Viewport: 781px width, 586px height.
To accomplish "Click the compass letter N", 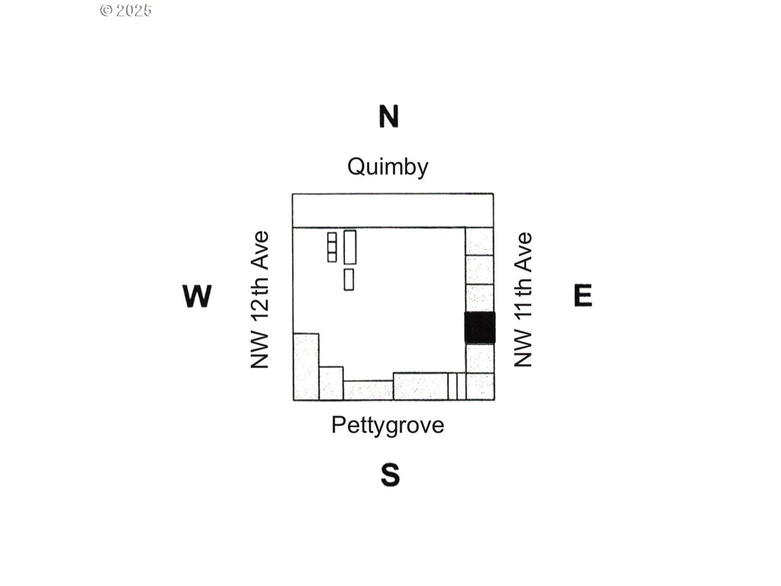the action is click(x=388, y=116).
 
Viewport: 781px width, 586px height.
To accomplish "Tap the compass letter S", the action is click(x=390, y=474).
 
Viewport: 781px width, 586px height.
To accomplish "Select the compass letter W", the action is click(x=197, y=296).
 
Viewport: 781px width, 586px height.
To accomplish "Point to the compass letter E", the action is click(x=583, y=295).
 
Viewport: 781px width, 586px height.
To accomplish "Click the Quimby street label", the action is click(x=388, y=167).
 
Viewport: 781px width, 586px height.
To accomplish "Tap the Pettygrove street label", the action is click(x=388, y=425).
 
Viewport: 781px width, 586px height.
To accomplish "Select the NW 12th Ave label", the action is click(x=259, y=300).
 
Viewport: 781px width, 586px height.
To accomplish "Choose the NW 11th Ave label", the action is click(x=523, y=300).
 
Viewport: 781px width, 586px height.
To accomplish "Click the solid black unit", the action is click(x=480, y=328).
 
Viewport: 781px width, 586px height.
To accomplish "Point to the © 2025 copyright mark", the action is click(x=126, y=10).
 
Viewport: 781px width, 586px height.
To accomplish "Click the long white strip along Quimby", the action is click(x=393, y=210).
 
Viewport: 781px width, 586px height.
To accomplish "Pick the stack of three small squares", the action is click(x=332, y=247).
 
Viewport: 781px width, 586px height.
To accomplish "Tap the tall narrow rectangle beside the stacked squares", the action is click(x=350, y=247).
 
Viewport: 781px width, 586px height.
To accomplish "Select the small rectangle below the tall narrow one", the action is click(x=348, y=280).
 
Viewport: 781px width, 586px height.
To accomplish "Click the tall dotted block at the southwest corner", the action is click(x=306, y=367).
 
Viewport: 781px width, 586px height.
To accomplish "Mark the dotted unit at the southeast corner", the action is click(x=480, y=387).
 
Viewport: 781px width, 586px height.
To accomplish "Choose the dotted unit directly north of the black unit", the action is click(x=480, y=298).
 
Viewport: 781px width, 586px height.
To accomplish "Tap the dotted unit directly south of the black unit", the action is click(x=480, y=358).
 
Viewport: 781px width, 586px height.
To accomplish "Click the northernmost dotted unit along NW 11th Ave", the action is click(x=479, y=241).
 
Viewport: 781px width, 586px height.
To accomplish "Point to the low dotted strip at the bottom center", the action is click(x=368, y=390).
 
